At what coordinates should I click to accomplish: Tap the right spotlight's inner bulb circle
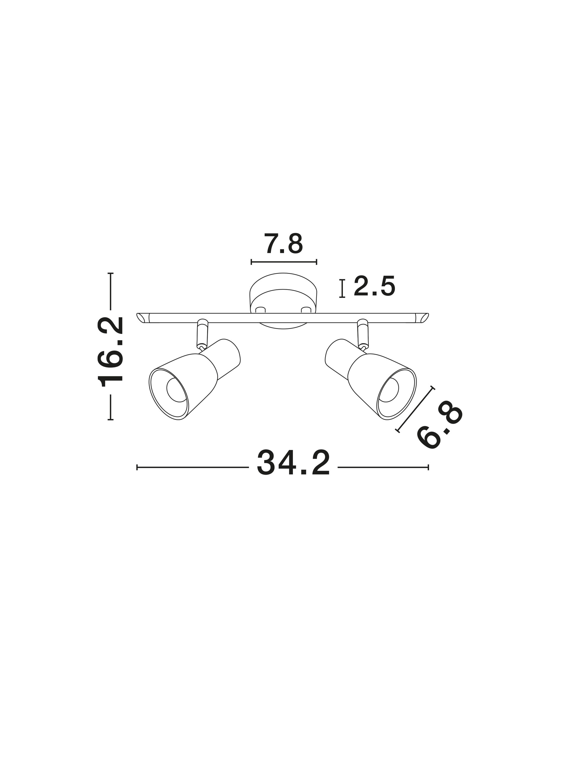(389, 390)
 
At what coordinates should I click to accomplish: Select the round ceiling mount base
(283, 293)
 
